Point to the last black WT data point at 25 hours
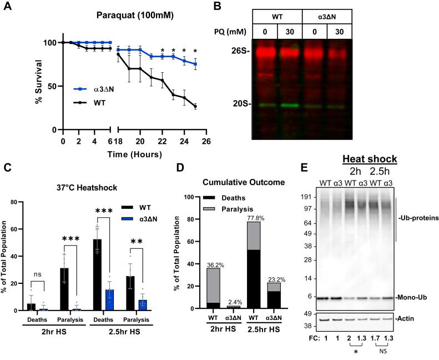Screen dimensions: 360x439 click(195, 107)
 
